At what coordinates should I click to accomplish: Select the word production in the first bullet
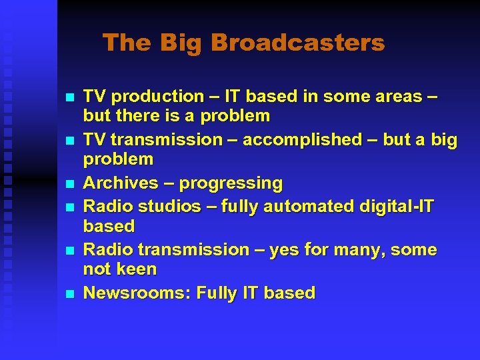point(147,97)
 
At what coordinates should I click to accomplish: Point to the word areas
point(392,97)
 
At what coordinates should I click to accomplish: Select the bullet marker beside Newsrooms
point(71,294)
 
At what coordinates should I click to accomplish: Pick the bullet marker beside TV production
point(71,97)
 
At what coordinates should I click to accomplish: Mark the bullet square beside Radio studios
point(71,207)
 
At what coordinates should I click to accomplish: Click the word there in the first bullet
point(134,116)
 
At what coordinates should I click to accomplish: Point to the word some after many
point(414,250)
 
